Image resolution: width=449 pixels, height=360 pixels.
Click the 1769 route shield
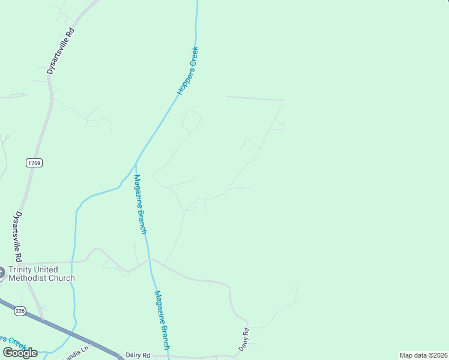tap(35, 163)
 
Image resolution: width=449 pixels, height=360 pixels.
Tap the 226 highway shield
tap(20, 311)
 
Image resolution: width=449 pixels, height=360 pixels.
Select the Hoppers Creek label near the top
tap(188, 70)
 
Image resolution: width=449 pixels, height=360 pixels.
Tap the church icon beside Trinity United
tap(1, 273)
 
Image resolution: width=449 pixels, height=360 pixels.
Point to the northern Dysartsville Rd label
tap(62, 51)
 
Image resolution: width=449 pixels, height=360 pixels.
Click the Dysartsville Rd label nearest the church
tap(18, 235)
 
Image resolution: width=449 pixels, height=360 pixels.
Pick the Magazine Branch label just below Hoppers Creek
tap(140, 203)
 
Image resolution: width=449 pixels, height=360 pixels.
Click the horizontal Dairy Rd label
tap(138, 355)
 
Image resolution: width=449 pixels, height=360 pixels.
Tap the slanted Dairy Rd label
tap(244, 340)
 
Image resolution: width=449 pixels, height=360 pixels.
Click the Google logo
tap(20, 352)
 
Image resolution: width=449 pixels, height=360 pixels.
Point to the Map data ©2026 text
tap(424, 355)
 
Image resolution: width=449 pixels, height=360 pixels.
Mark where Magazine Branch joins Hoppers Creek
tap(136, 162)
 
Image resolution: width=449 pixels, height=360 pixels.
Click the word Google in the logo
tap(20, 352)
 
